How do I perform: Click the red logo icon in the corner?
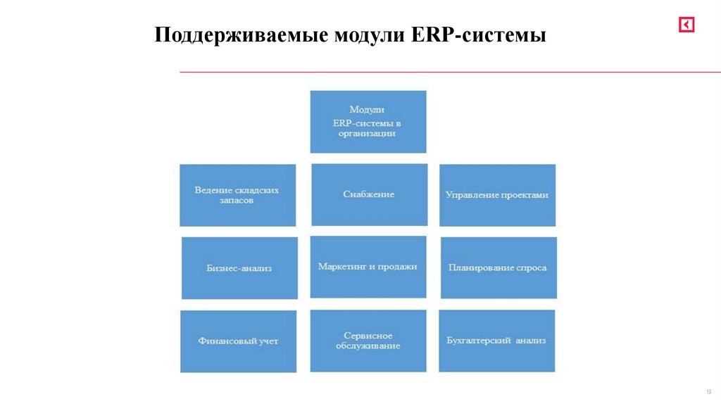pos(686,25)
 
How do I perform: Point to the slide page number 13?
pos(708,391)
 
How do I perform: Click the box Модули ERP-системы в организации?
pos(368,122)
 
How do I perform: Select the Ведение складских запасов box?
pos(237,195)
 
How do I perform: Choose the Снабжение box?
pos(369,194)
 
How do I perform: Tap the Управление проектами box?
pos(497,195)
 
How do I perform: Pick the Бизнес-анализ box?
pos(239,267)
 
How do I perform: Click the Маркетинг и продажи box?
pos(368,267)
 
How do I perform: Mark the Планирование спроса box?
pos(498,267)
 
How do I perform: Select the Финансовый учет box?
pos(238,341)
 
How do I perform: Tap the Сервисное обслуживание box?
pos(368,341)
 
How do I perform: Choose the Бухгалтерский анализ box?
pos(496,341)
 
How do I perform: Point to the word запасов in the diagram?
pos(237,201)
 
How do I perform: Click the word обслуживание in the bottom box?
pos(368,346)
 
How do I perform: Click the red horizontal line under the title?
pos(451,72)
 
